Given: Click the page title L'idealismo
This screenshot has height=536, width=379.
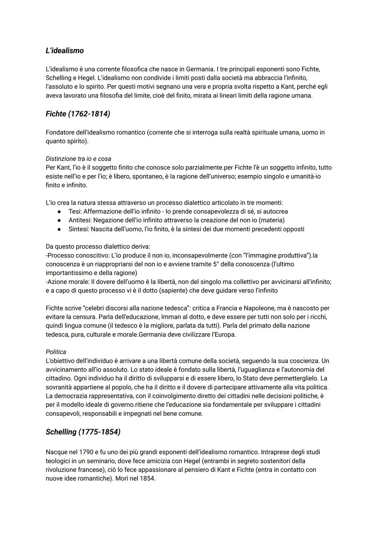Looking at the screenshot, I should [x=65, y=51].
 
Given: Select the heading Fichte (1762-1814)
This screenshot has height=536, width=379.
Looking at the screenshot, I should [x=78, y=114].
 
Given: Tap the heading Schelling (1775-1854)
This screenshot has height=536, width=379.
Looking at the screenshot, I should [x=83, y=432].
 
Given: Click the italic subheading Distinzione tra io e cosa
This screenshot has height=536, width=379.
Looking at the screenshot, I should [x=78, y=159].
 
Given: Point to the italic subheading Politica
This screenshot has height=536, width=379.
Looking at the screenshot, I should [x=56, y=352].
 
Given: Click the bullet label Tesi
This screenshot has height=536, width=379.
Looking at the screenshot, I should [x=74, y=212].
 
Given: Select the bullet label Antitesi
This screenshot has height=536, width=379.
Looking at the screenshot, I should [x=80, y=220].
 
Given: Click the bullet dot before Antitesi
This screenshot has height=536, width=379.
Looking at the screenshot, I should [x=60, y=220].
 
